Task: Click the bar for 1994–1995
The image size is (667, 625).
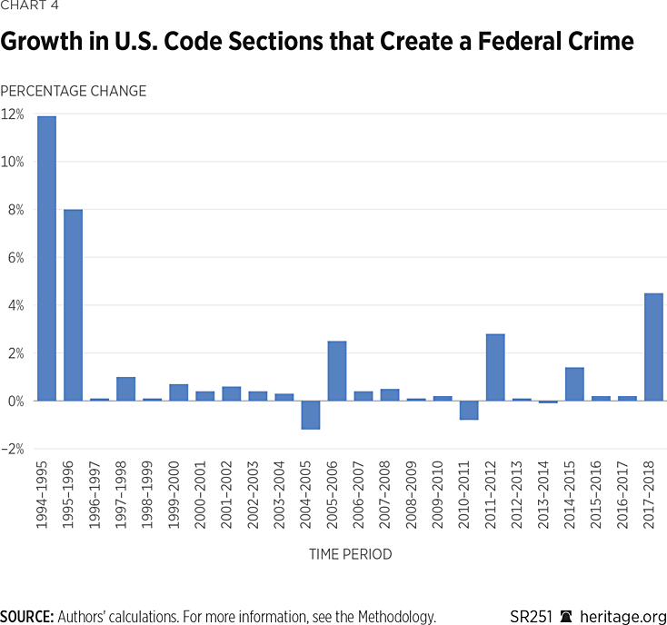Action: pyautogui.click(x=47, y=258)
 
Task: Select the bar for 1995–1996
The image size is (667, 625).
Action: pyautogui.click(x=74, y=304)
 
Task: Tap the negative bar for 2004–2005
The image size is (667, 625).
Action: pyautogui.click(x=311, y=414)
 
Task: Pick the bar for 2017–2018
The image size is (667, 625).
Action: pyautogui.click(x=653, y=346)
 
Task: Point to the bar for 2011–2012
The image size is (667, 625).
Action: pyautogui.click(x=495, y=367)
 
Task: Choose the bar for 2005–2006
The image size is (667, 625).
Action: pyautogui.click(x=337, y=371)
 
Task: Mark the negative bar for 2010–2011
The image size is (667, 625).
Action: pyautogui.click(x=469, y=410)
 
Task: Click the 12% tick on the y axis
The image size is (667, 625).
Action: pyautogui.click(x=13, y=114)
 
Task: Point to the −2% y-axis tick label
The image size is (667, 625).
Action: pyautogui.click(x=13, y=449)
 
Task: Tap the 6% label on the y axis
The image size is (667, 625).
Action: pyautogui.click(x=16, y=258)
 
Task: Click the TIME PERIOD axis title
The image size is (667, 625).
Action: pyautogui.click(x=350, y=553)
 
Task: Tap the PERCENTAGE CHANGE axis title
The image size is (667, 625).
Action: pyautogui.click(x=73, y=91)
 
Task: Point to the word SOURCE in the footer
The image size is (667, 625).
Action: pyautogui.click(x=25, y=616)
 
